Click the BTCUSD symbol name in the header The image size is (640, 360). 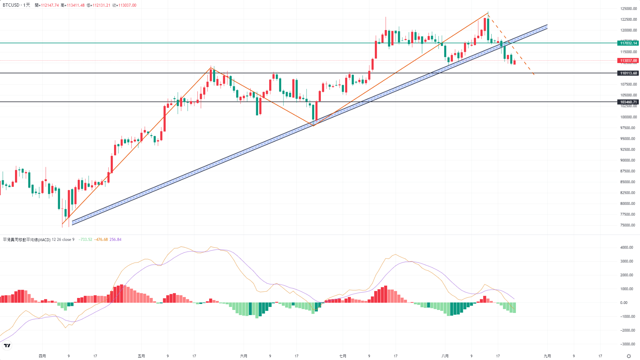tap(11, 5)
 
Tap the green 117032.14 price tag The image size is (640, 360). tap(628, 43)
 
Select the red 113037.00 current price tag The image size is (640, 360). tap(628, 61)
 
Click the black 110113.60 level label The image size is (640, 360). tap(628, 73)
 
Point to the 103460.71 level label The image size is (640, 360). tap(628, 102)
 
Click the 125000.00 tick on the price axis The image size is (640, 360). tap(628, 9)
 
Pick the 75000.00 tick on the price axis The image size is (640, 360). tap(628, 225)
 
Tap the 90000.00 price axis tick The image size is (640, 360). tap(628, 160)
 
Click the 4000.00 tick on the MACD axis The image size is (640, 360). tap(626, 247)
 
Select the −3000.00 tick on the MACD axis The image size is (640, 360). tap(626, 344)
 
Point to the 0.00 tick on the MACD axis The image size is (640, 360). tap(624, 303)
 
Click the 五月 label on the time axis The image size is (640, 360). tap(141, 356)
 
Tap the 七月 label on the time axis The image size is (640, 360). tap(343, 356)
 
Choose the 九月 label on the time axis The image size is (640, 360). tap(547, 356)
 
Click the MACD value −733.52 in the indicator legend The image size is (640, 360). tap(85, 240)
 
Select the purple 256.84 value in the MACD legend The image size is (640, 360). tap(115, 240)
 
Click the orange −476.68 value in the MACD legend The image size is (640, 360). tap(101, 240)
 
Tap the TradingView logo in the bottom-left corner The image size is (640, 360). tap(7, 346)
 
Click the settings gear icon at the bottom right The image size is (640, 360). tap(629, 356)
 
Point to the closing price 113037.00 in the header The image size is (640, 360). tap(127, 5)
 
